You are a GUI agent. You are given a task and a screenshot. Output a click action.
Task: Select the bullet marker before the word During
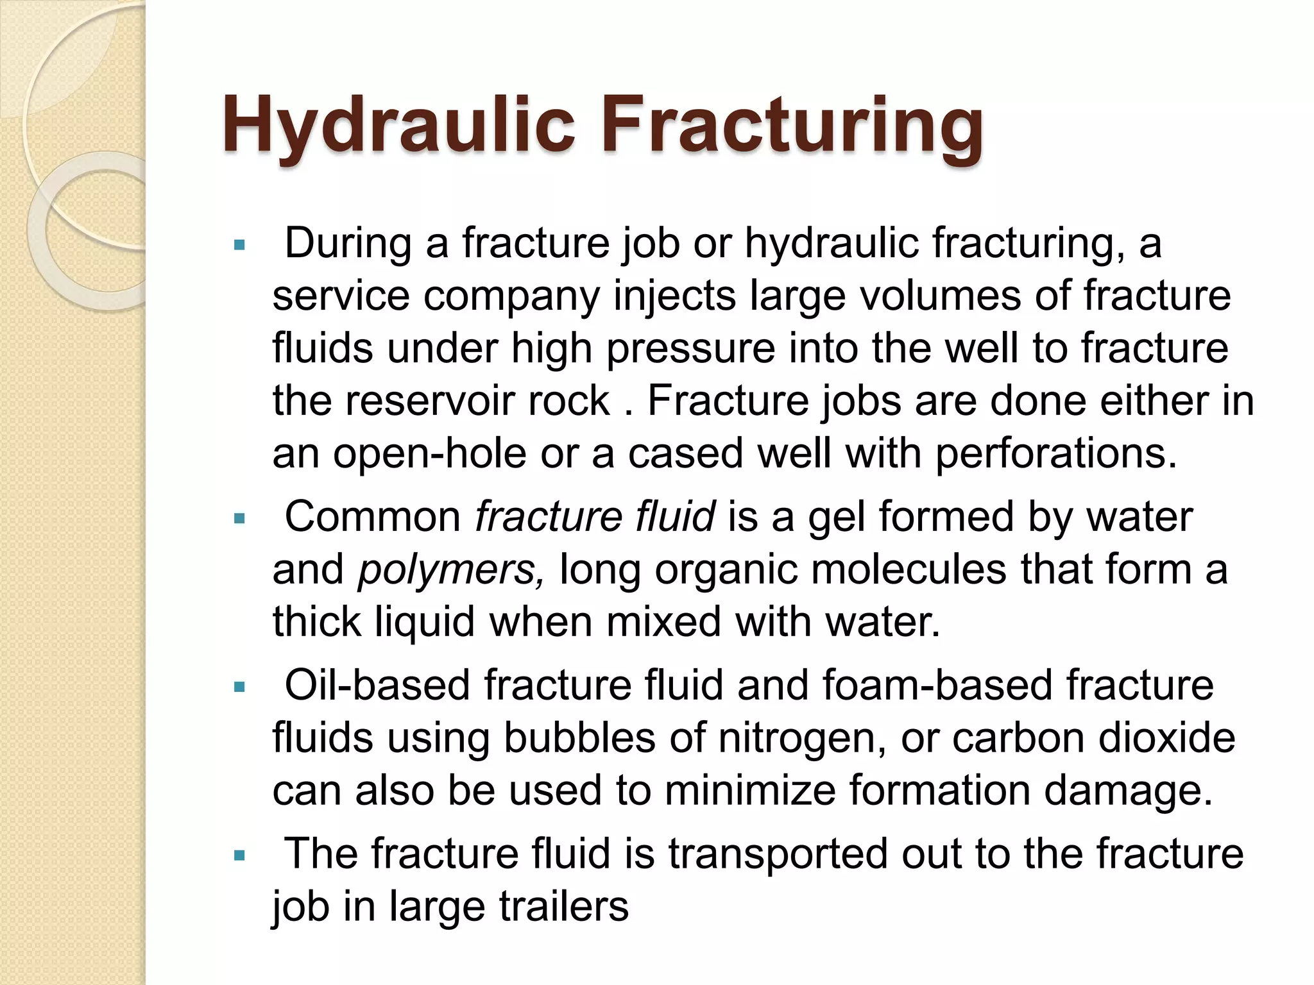point(240,245)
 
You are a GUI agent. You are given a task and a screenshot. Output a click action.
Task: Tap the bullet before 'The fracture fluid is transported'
point(240,855)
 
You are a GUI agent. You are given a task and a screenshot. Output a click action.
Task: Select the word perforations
point(1056,454)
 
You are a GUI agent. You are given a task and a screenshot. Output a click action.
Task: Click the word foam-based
point(937,685)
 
